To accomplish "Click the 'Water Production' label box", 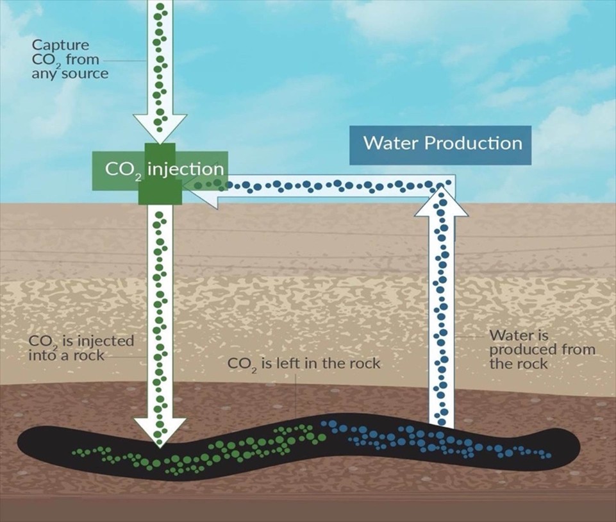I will click(x=442, y=142).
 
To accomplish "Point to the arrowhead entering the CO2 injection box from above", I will click(x=160, y=128).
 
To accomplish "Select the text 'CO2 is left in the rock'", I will click(x=304, y=364).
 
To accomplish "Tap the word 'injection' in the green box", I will click(x=185, y=169).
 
